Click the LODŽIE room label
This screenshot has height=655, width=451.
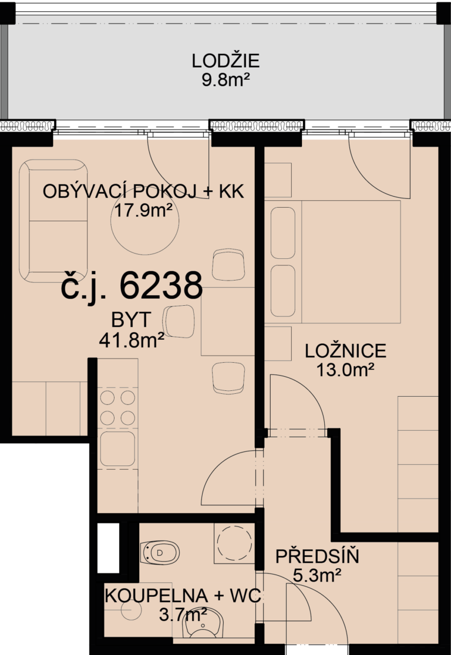point(225,61)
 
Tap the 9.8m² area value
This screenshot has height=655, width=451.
point(225,79)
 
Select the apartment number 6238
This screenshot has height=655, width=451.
point(161,286)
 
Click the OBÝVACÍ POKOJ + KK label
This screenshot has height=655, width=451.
point(143,192)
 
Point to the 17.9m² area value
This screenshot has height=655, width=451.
point(143,210)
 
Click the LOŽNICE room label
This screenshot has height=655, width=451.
point(346,351)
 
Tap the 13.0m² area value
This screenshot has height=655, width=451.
point(345,369)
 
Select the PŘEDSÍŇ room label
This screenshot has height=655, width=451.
point(317,557)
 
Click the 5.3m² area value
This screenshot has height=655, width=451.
point(317,575)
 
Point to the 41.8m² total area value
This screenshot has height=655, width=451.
point(131,340)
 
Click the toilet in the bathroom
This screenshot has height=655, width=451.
point(160,553)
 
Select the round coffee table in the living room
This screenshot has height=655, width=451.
point(144,221)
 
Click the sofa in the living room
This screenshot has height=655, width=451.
point(53,221)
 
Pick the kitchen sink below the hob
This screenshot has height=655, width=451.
point(117,448)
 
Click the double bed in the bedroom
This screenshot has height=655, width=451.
point(333,262)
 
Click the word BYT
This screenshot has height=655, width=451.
point(131,320)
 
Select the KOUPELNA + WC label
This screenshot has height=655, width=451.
point(183,595)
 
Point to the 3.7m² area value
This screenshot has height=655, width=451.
point(183,614)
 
